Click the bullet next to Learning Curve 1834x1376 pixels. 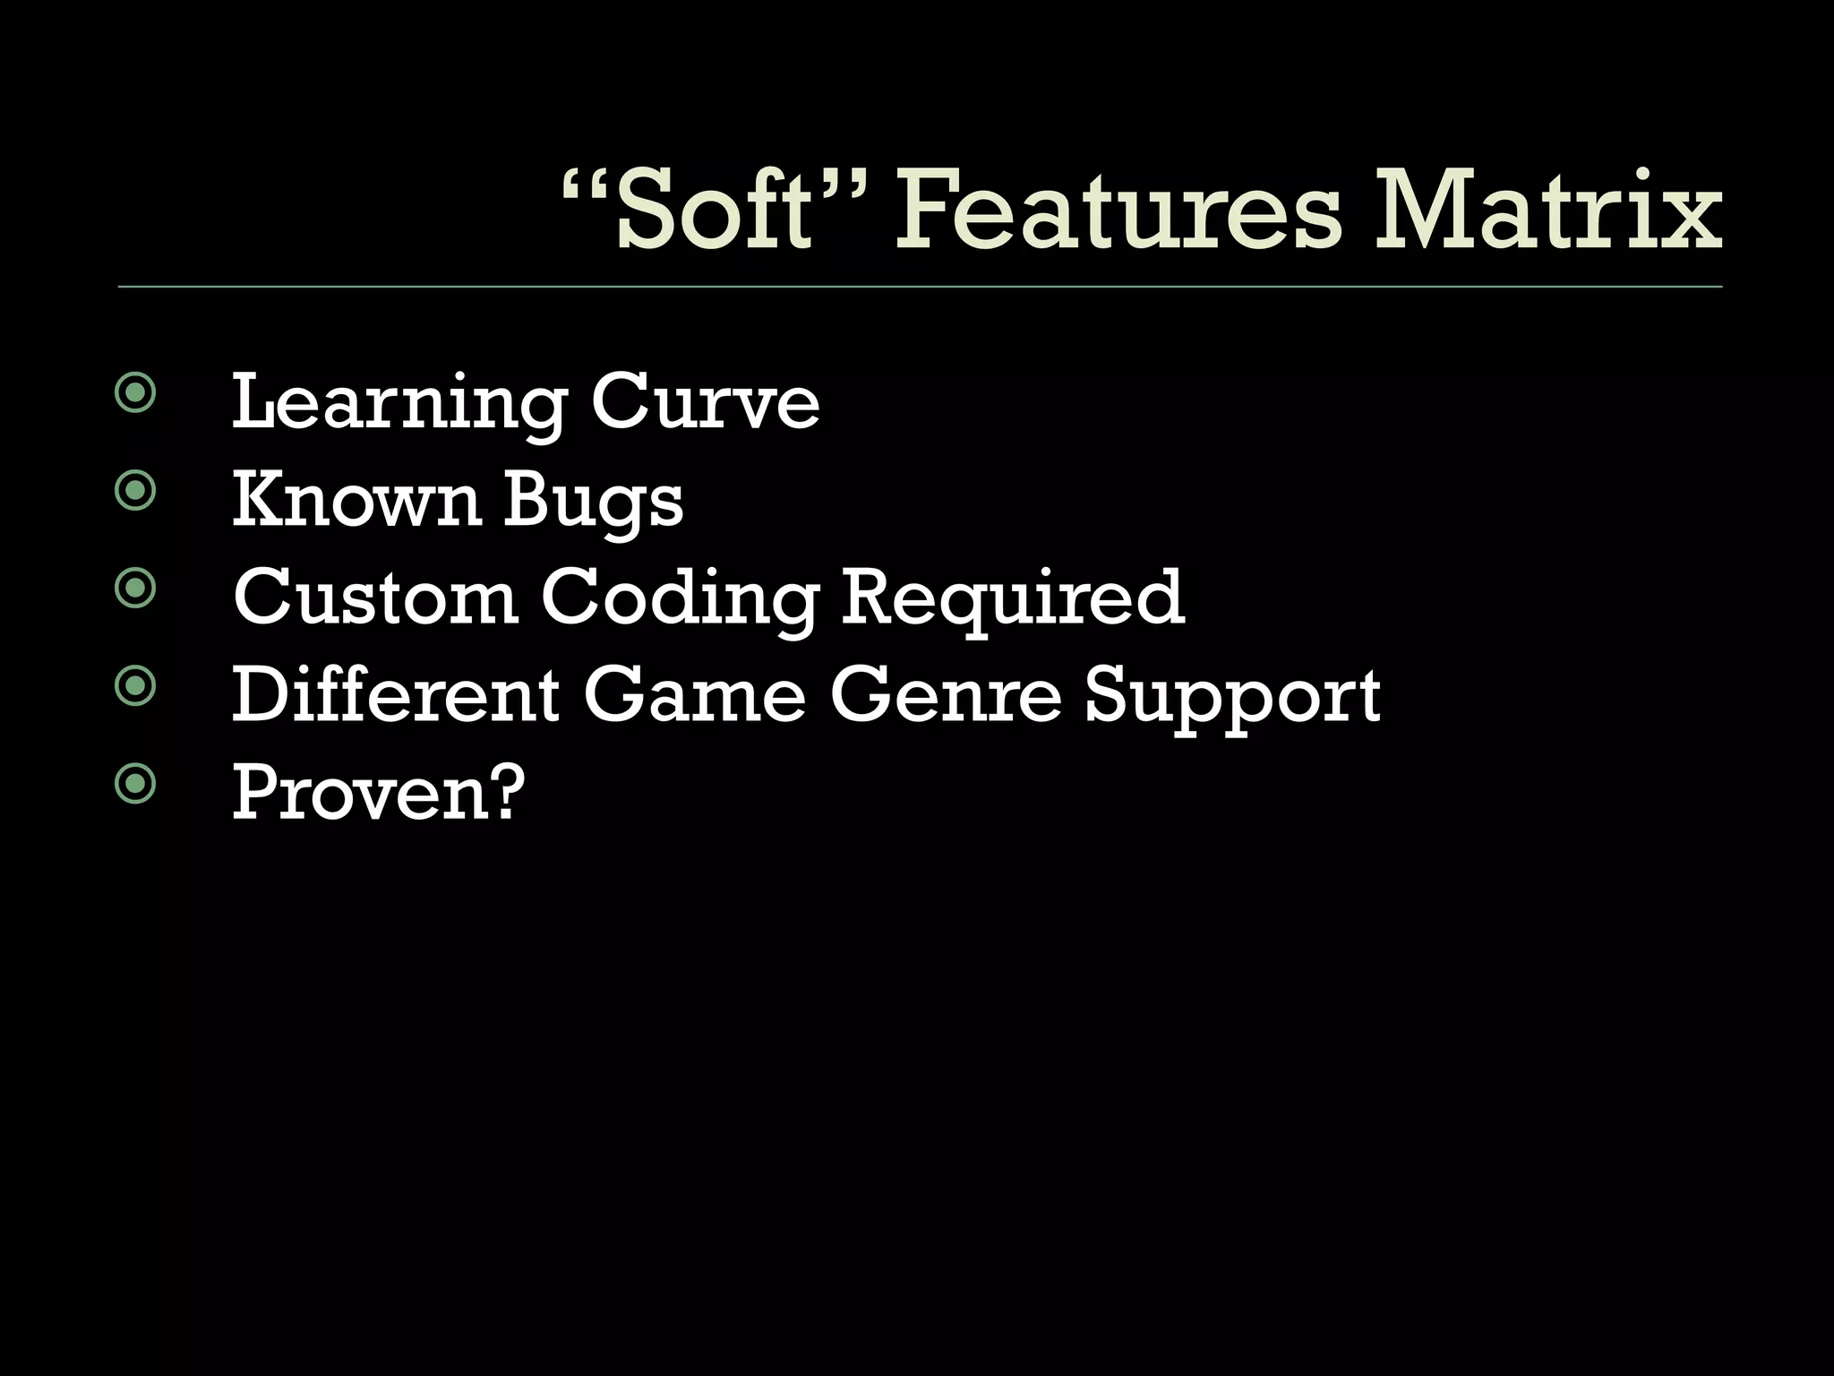135,392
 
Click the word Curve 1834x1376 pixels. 705,403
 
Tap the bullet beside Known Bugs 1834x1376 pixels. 135,490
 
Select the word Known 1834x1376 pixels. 356,500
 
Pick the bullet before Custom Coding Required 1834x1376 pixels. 135,588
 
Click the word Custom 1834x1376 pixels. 375,597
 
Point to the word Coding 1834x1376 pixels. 680,598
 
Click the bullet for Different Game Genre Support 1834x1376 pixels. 135,686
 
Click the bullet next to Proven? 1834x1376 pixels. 135,784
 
